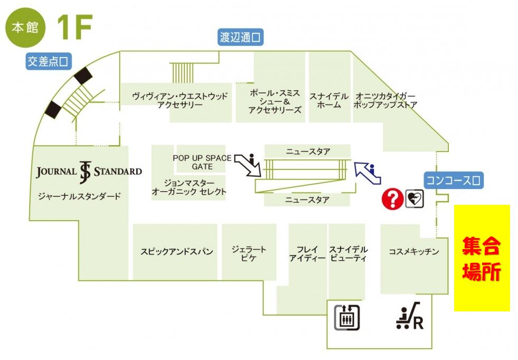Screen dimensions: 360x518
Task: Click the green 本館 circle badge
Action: [26, 27]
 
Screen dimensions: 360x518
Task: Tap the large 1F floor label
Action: [74, 27]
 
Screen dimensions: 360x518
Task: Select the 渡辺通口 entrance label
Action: [241, 37]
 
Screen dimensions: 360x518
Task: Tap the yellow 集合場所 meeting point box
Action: [482, 258]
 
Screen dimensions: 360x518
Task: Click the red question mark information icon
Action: [392, 200]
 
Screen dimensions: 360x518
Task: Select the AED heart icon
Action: [415, 199]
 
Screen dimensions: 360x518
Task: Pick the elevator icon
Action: [346, 316]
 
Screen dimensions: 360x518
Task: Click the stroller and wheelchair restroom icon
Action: [410, 316]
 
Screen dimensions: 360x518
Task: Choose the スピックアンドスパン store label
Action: [176, 252]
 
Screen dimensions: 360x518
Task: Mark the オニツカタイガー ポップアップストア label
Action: [387, 100]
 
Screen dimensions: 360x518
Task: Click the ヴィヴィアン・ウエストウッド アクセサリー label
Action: [180, 100]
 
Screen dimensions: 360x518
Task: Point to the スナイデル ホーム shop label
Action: [328, 100]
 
